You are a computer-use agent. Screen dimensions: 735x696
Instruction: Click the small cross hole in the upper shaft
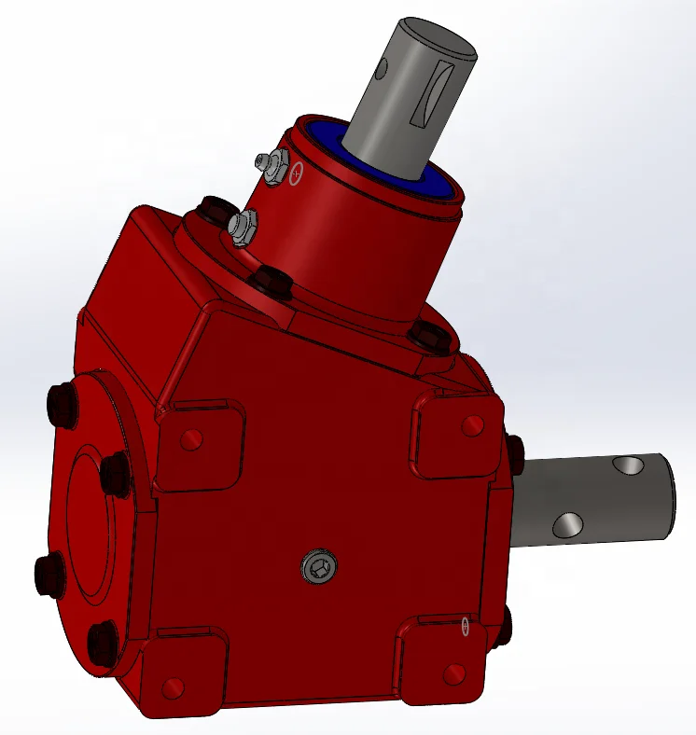383,71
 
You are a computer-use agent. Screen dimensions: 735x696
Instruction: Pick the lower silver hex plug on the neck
242,225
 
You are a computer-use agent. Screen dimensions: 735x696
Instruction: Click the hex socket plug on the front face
317,566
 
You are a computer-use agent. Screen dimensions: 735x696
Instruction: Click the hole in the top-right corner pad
472,425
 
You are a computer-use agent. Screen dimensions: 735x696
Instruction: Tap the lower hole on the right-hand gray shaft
566,526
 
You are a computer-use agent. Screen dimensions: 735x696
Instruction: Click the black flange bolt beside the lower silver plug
216,207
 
